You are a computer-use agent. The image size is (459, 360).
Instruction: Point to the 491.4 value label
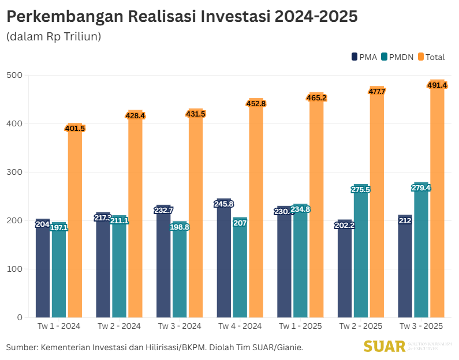point(437,85)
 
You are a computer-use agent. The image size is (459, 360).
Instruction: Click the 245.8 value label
point(224,204)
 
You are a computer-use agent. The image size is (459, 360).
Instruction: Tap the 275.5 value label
point(361,189)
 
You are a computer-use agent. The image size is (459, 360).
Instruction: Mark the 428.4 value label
point(135,115)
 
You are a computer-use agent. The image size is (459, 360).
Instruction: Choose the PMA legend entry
point(364,57)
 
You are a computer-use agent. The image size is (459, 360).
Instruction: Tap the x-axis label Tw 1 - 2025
point(300,326)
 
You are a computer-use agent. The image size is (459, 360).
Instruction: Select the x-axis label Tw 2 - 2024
point(119,326)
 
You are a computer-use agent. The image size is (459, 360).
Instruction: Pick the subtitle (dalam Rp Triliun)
point(54,37)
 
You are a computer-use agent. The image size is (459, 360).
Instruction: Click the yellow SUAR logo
point(384,346)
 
